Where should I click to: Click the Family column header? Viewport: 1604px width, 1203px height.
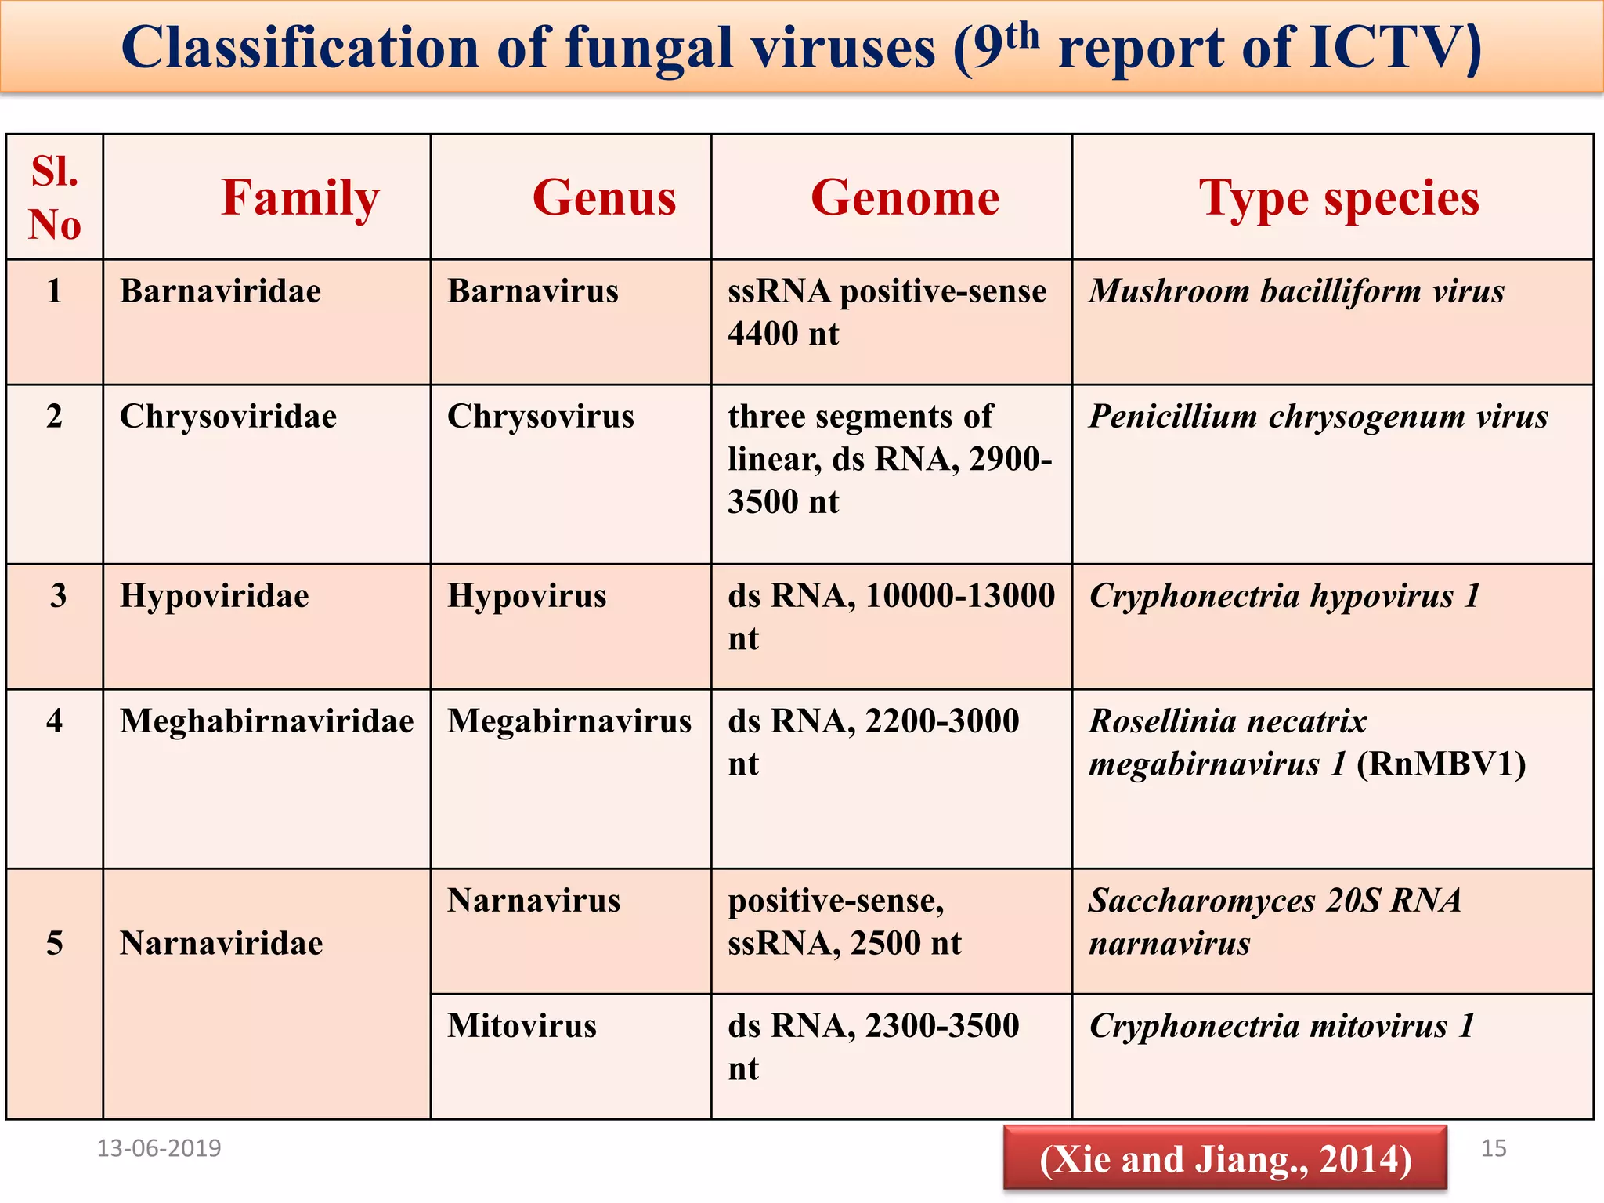[300, 197]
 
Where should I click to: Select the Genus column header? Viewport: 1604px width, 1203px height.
[604, 197]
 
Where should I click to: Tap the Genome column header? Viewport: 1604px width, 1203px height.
[905, 197]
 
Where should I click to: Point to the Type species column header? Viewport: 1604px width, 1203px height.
[1338, 197]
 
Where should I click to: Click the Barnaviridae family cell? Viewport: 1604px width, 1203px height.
[220, 291]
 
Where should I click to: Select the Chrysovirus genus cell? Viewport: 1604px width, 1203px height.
[540, 417]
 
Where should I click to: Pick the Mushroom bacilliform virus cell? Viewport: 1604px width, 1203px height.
[1296, 291]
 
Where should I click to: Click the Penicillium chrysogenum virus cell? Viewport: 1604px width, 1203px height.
[1318, 417]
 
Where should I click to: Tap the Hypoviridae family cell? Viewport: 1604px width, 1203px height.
[214, 596]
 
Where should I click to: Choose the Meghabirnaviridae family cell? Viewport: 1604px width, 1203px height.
[266, 721]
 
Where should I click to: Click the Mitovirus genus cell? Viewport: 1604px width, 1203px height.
[522, 1026]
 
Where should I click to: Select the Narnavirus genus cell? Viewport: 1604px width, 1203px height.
[533, 901]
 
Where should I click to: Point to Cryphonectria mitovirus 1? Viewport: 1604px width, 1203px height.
[1281, 1026]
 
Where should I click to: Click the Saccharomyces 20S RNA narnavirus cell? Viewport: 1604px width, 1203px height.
[1274, 922]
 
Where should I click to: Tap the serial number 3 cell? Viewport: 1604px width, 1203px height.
[57, 596]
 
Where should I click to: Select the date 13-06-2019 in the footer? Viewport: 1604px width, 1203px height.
[159, 1148]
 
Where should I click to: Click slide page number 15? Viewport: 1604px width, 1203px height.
[1494, 1148]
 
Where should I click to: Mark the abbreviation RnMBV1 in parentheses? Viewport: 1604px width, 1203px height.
[1440, 764]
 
